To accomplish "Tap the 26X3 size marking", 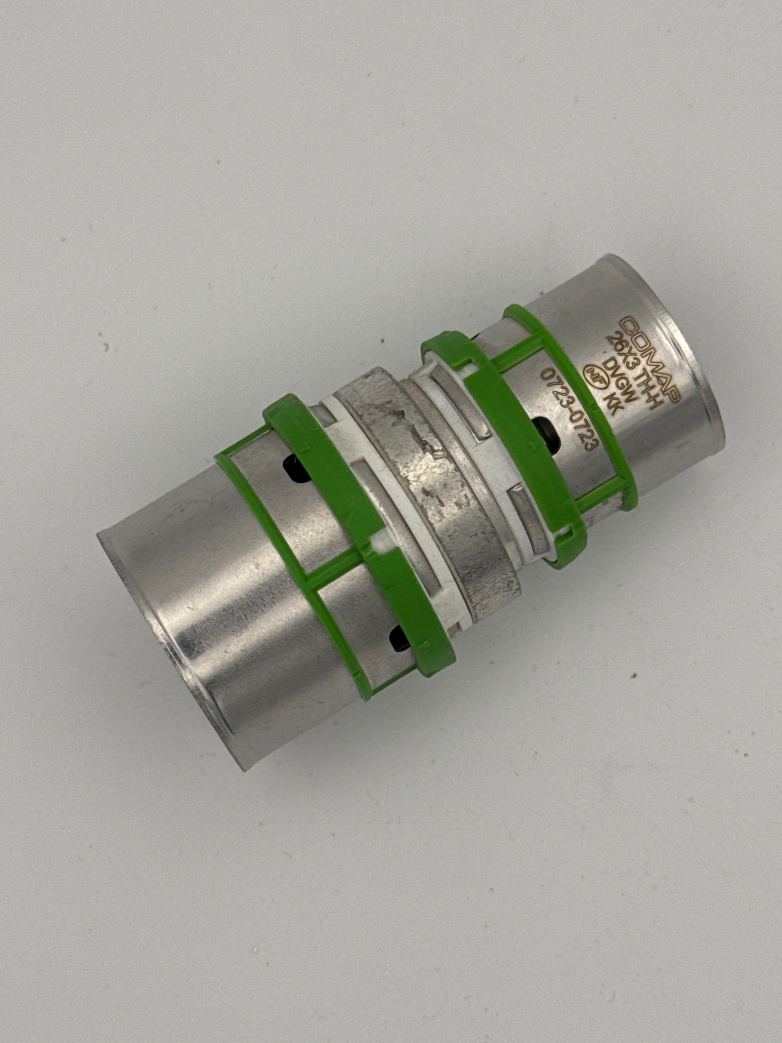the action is coord(621,351).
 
